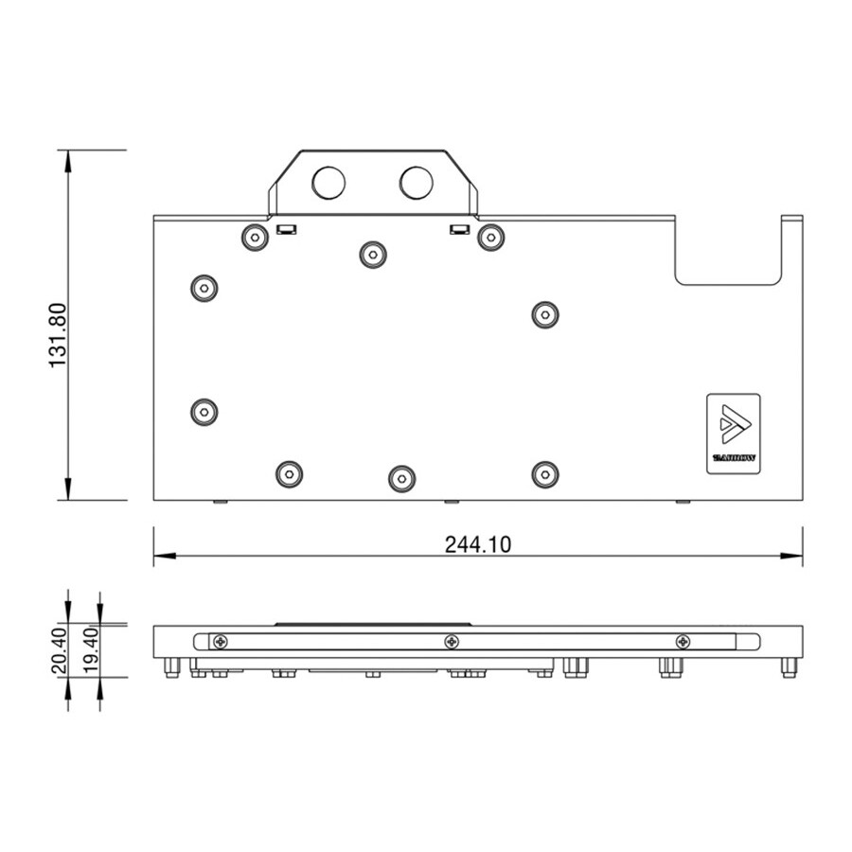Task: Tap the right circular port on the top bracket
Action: pos(416,183)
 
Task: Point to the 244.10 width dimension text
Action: pos(478,544)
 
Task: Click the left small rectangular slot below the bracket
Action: pos(285,229)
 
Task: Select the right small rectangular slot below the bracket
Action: pos(459,229)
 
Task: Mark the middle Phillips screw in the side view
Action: pos(452,642)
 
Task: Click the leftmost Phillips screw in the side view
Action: pos(221,642)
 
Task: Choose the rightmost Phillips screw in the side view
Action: pos(683,642)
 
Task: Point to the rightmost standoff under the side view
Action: pos(789,668)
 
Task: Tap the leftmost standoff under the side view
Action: pos(171,668)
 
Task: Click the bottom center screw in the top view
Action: pos(401,478)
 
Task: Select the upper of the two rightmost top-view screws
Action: pos(542,314)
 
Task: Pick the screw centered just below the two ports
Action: pos(371,254)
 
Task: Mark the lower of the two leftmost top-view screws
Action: pos(204,412)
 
